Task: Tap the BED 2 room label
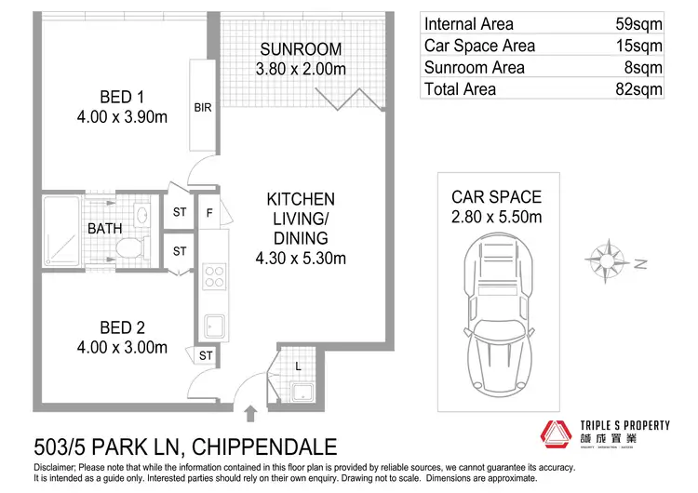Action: [x=123, y=327]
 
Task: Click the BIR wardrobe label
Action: [x=203, y=108]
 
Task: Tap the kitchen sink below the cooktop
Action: [x=213, y=326]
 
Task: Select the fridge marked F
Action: [x=210, y=212]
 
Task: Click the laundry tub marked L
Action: [x=301, y=390]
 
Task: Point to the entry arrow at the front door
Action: [x=250, y=410]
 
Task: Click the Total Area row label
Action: [x=460, y=89]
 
